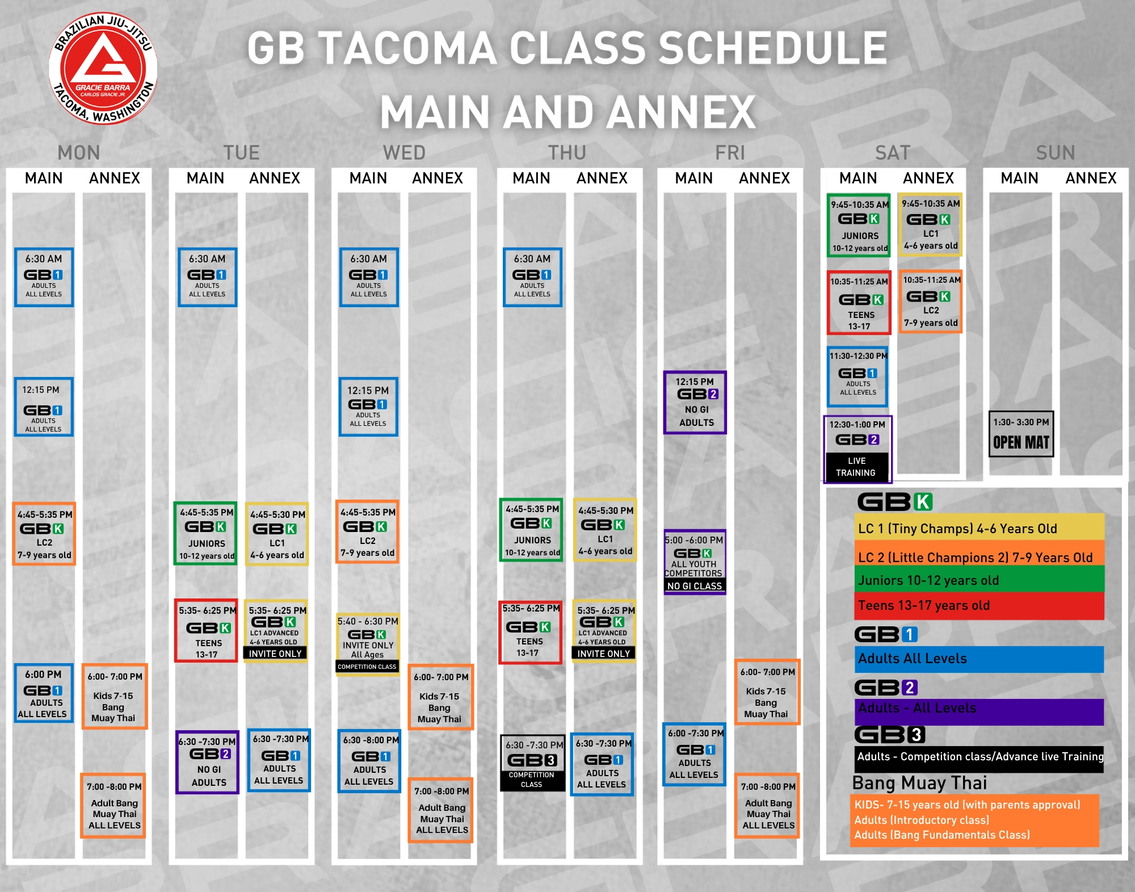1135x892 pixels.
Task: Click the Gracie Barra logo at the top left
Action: pos(103,68)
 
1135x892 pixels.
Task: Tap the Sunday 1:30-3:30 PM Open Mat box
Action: pos(1021,434)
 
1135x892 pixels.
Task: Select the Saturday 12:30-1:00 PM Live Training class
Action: pos(857,449)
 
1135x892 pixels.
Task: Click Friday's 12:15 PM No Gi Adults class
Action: pos(695,402)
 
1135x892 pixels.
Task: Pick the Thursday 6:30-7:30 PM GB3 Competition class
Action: pos(532,763)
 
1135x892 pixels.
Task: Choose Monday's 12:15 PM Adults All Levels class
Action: pos(44,407)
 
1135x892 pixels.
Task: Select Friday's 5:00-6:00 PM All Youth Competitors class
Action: pos(695,562)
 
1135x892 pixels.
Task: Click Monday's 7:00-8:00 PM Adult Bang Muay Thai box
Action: pos(113,806)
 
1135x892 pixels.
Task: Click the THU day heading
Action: pos(567,153)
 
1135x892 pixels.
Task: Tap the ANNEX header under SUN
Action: pos(1091,178)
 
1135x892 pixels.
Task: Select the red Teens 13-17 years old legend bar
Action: pos(979,606)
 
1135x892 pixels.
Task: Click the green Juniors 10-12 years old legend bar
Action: pos(979,580)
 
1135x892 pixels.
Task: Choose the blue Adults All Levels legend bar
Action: pos(979,659)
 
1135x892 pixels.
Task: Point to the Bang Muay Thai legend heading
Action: pos(919,783)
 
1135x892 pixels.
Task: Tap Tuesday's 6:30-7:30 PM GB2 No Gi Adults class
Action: pos(208,762)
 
